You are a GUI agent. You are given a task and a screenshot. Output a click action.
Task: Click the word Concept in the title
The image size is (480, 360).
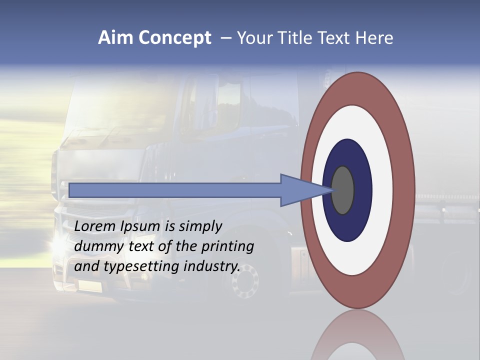174,38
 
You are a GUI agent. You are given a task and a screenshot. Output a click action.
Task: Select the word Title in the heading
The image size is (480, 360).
299,38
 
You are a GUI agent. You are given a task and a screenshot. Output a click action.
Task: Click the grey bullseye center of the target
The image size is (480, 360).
343,190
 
